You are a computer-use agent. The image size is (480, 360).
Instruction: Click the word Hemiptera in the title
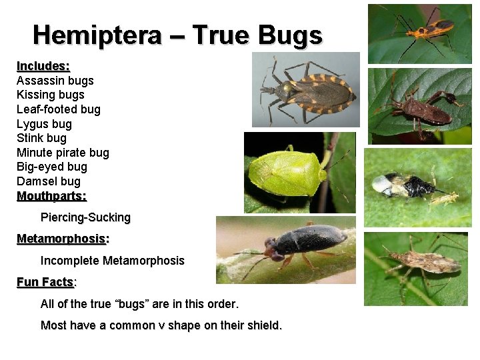pyautogui.click(x=97, y=35)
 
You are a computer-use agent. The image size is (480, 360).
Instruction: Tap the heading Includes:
pyautogui.click(x=43, y=66)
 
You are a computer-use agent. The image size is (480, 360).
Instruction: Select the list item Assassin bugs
pyautogui.click(x=55, y=81)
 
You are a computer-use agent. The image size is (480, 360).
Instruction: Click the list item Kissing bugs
pyautogui.click(x=50, y=95)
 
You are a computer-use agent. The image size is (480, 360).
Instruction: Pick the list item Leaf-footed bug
pyautogui.click(x=58, y=109)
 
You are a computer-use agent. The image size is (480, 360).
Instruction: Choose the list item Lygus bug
pyautogui.click(x=44, y=124)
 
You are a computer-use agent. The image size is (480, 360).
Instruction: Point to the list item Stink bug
pyautogui.click(x=41, y=138)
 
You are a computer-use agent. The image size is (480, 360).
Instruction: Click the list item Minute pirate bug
pyautogui.click(x=63, y=153)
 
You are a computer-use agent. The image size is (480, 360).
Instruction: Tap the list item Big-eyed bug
pyautogui.click(x=52, y=167)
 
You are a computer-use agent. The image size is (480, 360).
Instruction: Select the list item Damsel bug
pyautogui.click(x=48, y=181)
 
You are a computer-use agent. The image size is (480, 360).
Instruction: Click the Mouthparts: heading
pyautogui.click(x=51, y=196)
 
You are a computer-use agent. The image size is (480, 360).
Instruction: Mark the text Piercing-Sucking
pyautogui.click(x=85, y=217)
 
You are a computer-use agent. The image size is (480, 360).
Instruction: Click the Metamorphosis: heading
pyautogui.click(x=63, y=239)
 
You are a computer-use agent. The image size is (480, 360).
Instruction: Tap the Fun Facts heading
pyautogui.click(x=45, y=282)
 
